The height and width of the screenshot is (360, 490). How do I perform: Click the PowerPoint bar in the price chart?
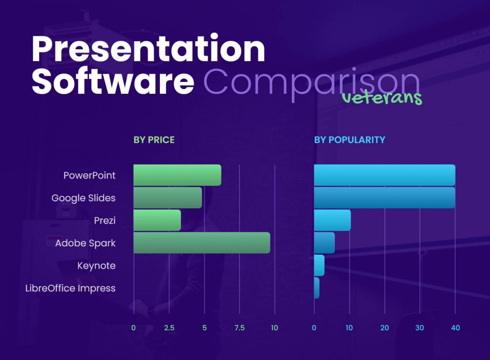177,175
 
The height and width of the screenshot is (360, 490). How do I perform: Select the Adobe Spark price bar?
201,243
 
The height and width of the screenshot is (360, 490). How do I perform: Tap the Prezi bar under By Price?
157,220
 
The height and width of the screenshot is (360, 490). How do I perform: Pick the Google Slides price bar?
167,198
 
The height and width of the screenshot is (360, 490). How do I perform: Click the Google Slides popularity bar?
384,198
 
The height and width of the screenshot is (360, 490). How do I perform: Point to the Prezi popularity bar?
332,220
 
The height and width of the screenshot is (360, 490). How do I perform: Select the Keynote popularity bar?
319,265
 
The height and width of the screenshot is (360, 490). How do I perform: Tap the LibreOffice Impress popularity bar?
317,288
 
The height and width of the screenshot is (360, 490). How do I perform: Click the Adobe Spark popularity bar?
324,243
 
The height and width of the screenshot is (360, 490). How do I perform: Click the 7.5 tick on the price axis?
239,328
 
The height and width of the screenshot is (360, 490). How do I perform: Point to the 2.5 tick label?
168,328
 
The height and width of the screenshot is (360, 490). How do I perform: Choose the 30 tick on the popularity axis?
420,328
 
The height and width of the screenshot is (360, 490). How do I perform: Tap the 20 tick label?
384,328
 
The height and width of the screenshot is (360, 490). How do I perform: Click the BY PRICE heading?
154,140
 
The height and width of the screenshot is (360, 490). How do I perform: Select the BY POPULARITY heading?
349,140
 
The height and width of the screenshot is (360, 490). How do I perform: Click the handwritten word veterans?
382,98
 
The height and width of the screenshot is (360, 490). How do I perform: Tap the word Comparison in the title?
311,83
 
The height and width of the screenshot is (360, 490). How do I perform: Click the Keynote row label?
96,266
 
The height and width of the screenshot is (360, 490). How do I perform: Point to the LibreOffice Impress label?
70,288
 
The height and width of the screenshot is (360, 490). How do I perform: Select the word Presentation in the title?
148,49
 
